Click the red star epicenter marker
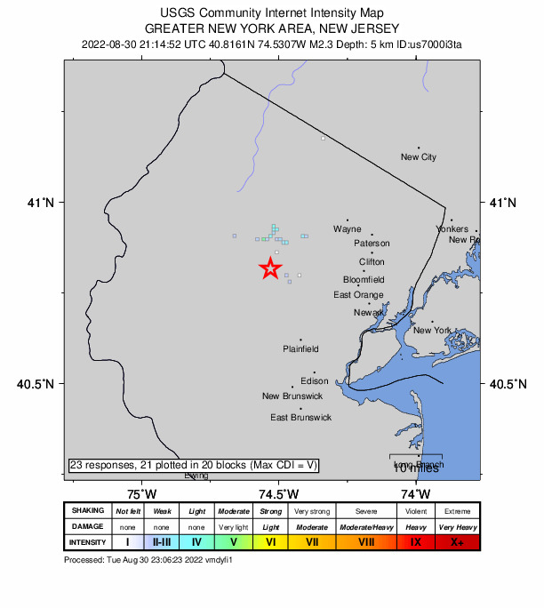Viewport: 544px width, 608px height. (270, 268)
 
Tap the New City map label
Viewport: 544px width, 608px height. (419, 157)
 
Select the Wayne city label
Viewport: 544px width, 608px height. (348, 229)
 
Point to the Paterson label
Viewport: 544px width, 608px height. (372, 244)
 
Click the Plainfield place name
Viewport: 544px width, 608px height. (300, 349)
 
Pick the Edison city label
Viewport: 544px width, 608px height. (315, 381)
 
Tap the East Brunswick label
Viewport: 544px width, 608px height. (300, 417)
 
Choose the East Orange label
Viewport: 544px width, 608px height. (358, 295)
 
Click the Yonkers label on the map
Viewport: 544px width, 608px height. (452, 229)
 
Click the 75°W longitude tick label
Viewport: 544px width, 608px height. (141, 493)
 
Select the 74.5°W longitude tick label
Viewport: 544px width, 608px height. (278, 493)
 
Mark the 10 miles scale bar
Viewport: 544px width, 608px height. (416, 461)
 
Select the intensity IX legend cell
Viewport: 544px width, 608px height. (416, 541)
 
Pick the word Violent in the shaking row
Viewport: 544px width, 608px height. (416, 511)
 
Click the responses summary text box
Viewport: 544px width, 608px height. (193, 465)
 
